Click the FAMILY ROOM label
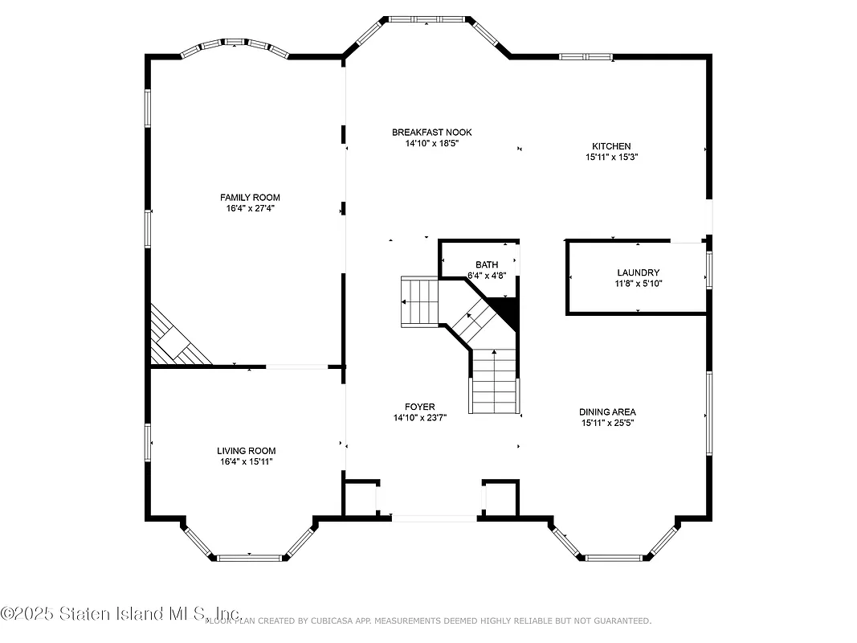click(250, 197)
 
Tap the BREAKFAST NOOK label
click(431, 133)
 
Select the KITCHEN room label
click(611, 146)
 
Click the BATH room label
click(486, 264)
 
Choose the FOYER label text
click(419, 407)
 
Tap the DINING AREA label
click(608, 412)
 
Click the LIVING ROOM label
click(246, 451)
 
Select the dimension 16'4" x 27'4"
click(250, 208)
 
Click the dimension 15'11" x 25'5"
click(608, 423)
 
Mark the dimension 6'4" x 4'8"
click(486, 276)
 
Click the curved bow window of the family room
click(234, 47)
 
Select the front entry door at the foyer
click(434, 518)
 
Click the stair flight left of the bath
click(419, 301)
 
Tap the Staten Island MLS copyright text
click(120, 613)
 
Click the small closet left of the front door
click(360, 499)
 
